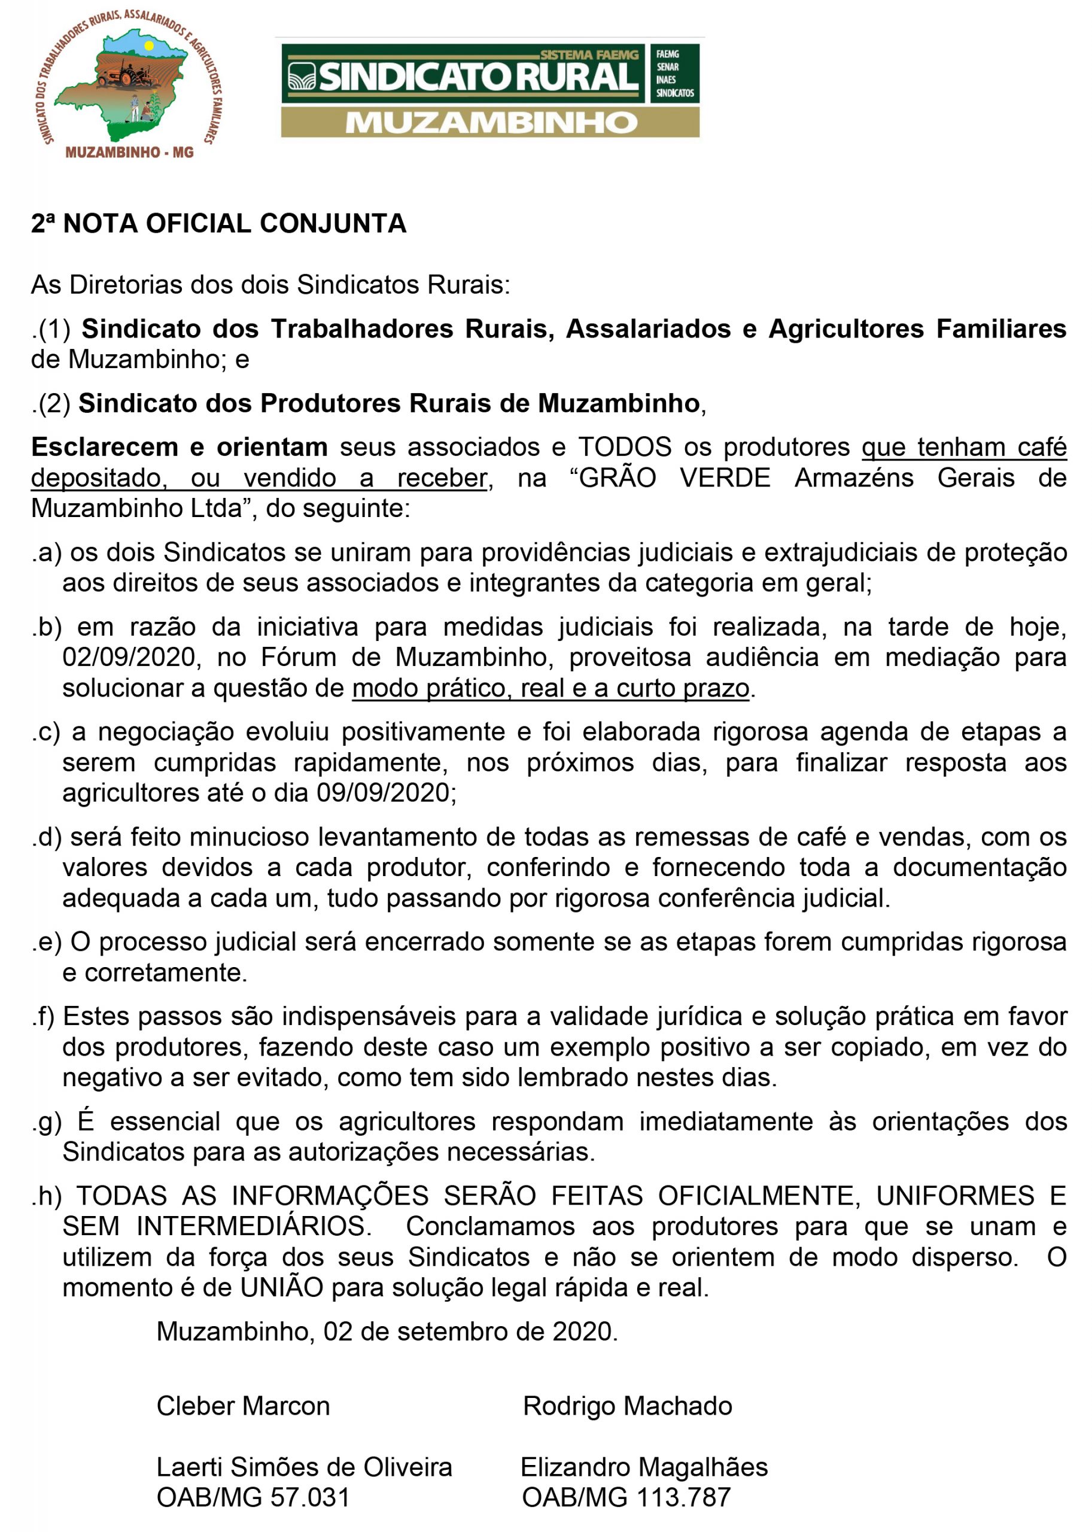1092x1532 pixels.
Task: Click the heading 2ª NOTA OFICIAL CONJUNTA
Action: pyautogui.click(x=218, y=224)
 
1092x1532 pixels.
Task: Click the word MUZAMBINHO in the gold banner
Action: pyautogui.click(x=491, y=123)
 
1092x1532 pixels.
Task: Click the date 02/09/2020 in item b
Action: pyautogui.click(x=132, y=657)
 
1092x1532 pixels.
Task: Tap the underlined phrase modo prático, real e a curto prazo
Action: pyautogui.click(x=550, y=688)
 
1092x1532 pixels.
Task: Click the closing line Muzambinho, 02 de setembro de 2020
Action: pyautogui.click(x=387, y=1331)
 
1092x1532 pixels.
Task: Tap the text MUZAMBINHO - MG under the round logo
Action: pyautogui.click(x=129, y=153)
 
